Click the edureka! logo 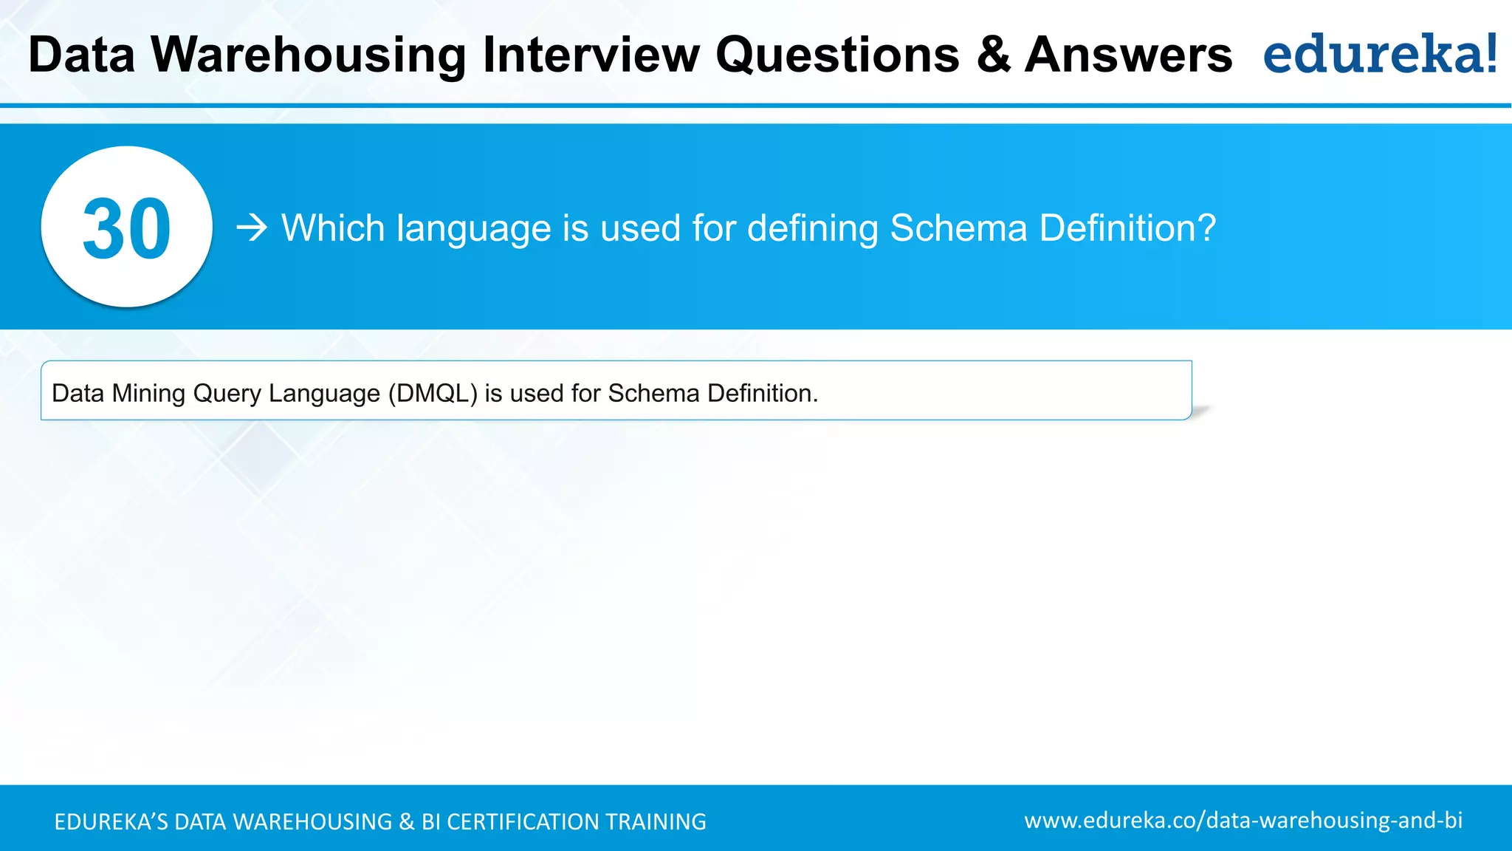coord(1380,54)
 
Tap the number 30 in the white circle coord(126,229)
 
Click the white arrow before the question coord(252,228)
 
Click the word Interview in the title coord(591,55)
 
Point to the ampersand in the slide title coord(994,55)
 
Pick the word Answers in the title coord(1129,55)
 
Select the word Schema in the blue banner coord(958,228)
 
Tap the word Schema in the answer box coord(653,393)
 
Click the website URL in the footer coord(1243,821)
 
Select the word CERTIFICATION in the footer coord(523,821)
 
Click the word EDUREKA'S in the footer coord(111,821)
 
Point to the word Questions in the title coord(838,55)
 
